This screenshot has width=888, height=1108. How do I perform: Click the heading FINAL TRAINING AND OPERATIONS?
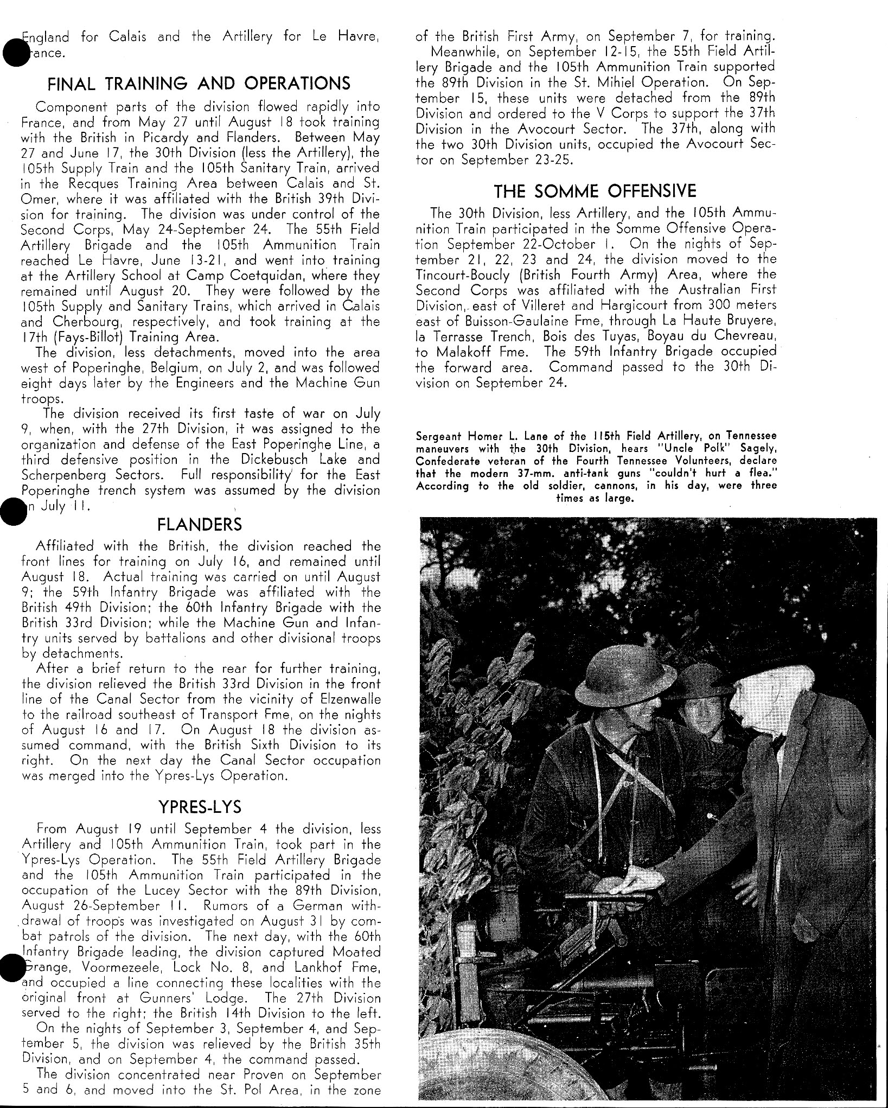(x=199, y=84)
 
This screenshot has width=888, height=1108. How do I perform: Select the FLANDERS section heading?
(x=200, y=525)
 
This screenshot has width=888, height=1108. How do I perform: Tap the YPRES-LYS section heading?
(x=200, y=807)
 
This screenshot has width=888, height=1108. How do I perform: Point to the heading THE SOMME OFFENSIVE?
(x=595, y=191)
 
